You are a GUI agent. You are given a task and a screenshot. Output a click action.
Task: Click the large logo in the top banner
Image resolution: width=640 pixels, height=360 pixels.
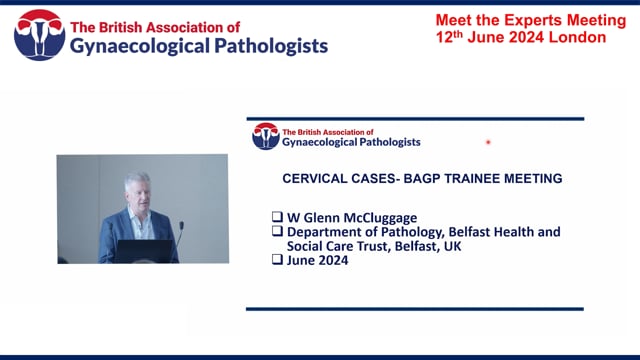point(38,35)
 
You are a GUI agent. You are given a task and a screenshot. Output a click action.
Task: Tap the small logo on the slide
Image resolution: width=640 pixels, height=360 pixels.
point(265,136)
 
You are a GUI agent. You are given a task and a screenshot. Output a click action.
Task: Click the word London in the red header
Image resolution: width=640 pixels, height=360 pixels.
point(578,37)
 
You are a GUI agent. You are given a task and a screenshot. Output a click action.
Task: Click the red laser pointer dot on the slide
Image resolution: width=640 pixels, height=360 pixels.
point(488,142)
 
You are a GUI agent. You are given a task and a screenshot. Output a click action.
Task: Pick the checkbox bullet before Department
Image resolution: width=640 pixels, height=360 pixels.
point(277,232)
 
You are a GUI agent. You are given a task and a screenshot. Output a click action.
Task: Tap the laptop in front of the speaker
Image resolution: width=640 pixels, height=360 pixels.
point(142,250)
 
